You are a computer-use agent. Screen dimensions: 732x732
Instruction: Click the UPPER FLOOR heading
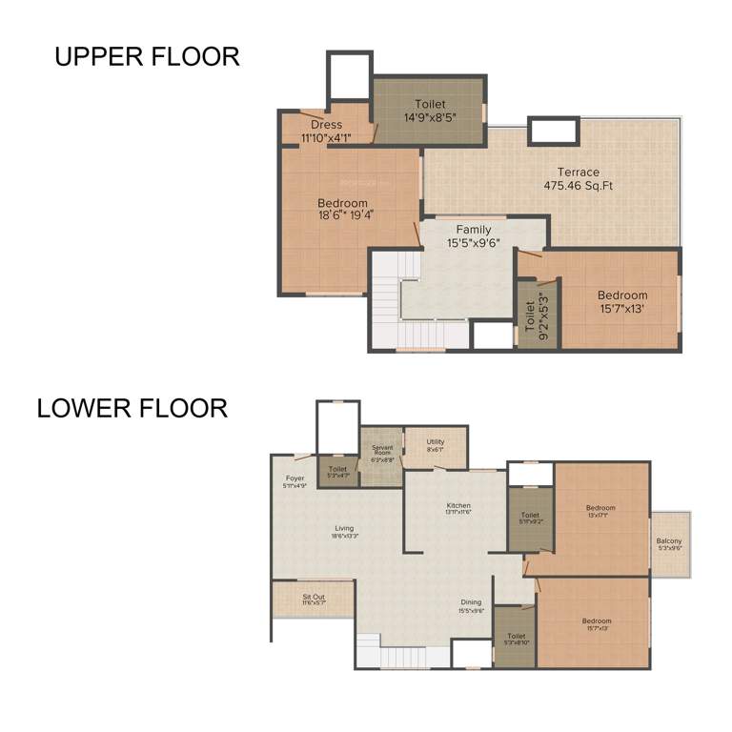[x=147, y=56]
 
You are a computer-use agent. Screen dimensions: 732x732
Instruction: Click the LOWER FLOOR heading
[x=132, y=409]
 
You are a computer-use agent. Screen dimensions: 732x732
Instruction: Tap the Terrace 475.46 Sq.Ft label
[x=578, y=179]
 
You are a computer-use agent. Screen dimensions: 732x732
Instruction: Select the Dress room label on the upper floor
[x=326, y=131]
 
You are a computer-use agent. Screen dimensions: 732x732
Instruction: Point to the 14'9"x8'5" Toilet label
[x=429, y=111]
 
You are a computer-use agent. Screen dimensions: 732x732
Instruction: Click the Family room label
[x=474, y=236]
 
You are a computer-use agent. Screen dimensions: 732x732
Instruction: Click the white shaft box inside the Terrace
[x=553, y=131]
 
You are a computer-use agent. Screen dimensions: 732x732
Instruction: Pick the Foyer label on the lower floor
[x=295, y=481]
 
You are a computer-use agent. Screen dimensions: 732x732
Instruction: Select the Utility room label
[x=436, y=445]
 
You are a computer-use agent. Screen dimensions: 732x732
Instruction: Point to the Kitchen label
[x=458, y=508]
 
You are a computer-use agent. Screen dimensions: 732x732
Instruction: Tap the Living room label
[x=343, y=532]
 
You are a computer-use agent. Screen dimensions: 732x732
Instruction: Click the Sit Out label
[x=314, y=600]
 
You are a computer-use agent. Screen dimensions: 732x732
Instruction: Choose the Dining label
[x=470, y=606]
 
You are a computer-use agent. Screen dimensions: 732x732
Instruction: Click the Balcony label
[x=669, y=544]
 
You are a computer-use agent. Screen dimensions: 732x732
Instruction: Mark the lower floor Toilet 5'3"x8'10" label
[x=516, y=639]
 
